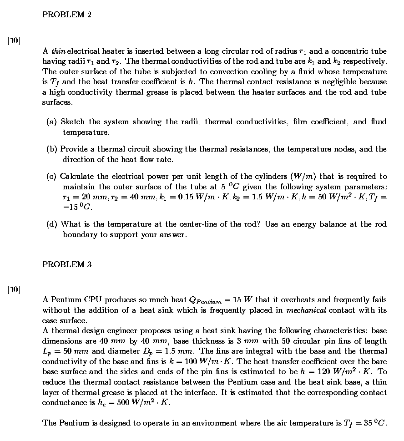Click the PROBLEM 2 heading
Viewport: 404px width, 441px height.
(x=66, y=15)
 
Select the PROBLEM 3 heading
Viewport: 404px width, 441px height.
(x=66, y=265)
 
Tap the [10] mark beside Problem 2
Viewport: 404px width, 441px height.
(x=14, y=40)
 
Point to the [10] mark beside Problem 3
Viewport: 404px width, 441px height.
(x=14, y=289)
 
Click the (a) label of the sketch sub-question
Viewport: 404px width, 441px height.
(x=52, y=122)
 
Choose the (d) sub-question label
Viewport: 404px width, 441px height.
(x=52, y=224)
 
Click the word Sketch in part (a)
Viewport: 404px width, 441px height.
(x=72, y=122)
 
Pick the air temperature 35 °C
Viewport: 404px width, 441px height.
(x=375, y=423)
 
